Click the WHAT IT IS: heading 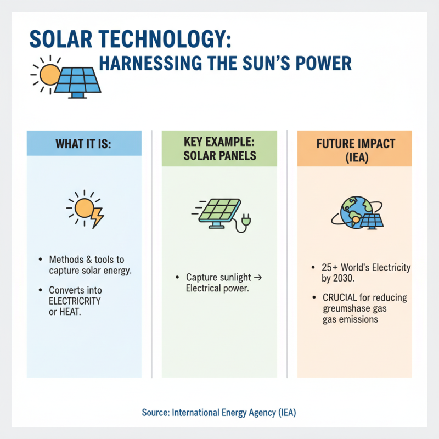[x=84, y=144]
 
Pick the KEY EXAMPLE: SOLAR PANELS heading [x=219, y=149]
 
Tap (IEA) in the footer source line [x=285, y=412]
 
